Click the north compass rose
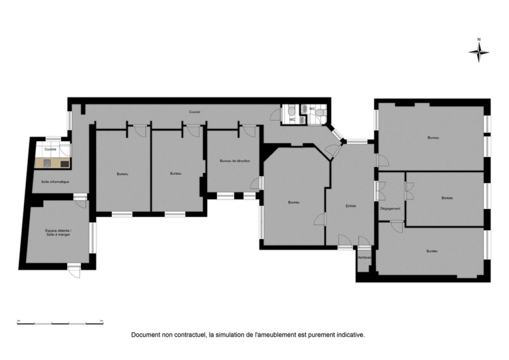[x=479, y=52]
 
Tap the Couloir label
[x=194, y=112]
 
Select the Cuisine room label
[x=50, y=149]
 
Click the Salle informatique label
[x=55, y=182]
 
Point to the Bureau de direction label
[x=235, y=161]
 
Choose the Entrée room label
[x=351, y=206]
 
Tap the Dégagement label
[x=390, y=208]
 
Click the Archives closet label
[x=364, y=257]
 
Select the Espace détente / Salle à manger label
[x=58, y=232]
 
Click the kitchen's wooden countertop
[x=52, y=163]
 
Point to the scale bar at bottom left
[x=60, y=322]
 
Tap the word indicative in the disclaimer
[x=351, y=335]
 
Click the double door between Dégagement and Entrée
[x=381, y=191]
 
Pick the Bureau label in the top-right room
[x=433, y=138]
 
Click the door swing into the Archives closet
[x=364, y=242]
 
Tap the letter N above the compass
[x=479, y=39]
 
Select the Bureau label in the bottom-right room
[x=432, y=251]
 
